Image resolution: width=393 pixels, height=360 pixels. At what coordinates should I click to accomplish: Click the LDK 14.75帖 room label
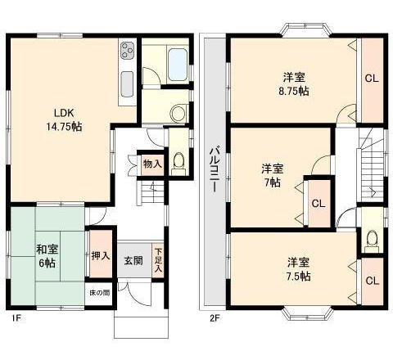[x=64, y=119]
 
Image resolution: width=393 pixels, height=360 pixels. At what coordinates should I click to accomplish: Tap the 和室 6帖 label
[x=47, y=256]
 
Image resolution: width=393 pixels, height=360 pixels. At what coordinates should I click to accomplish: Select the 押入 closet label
[x=101, y=256]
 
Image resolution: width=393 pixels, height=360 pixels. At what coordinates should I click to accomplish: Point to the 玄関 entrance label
[x=133, y=261]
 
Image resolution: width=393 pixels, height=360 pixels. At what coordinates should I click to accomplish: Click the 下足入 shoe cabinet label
[x=158, y=260]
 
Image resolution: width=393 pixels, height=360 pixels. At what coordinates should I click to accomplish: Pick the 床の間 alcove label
[x=100, y=293]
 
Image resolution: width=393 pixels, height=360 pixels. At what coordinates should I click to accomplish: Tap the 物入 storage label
[x=152, y=164]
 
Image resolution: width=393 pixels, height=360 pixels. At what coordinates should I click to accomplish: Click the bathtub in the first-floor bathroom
[x=177, y=65]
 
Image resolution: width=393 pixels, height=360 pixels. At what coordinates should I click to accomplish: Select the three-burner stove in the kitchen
[x=128, y=51]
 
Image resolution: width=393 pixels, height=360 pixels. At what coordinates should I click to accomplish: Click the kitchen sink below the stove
[x=127, y=84]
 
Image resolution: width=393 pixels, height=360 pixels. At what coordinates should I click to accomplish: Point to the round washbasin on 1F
[x=178, y=113]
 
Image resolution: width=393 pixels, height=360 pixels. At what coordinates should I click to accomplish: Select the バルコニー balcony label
[x=215, y=169]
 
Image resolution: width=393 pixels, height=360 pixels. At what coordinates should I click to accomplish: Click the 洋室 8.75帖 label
[x=294, y=83]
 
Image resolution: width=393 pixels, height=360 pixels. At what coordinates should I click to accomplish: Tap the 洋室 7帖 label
[x=273, y=175]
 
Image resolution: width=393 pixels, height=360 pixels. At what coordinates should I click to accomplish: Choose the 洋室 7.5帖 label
[x=298, y=269]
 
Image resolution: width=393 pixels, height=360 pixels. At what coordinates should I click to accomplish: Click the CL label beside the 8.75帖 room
[x=372, y=79]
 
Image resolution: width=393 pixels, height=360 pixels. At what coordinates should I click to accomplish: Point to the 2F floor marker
[x=215, y=318]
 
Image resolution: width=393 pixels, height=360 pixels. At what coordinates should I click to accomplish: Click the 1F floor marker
[x=16, y=318]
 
